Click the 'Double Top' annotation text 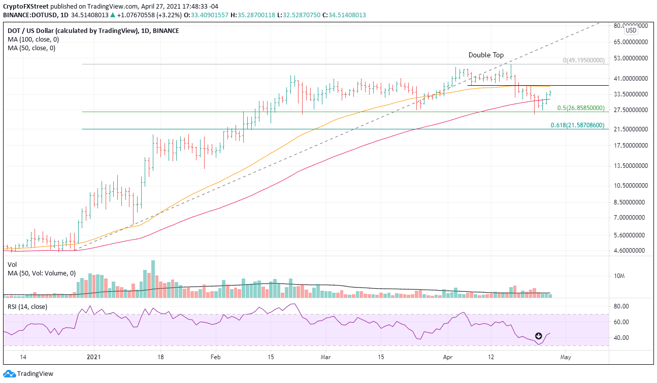click(x=486, y=55)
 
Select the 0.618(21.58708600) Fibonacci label click(x=577, y=125)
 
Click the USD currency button click(x=631, y=30)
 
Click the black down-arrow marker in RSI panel click(x=539, y=336)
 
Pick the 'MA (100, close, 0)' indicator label click(x=31, y=40)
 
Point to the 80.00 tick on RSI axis click(x=621, y=306)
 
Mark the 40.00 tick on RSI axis click(x=621, y=338)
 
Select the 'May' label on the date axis click(x=566, y=357)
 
